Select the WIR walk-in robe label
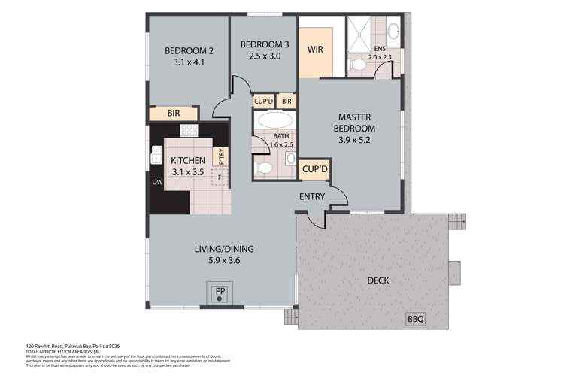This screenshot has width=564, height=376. pos(315,50)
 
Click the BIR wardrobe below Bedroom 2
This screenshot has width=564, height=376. pos(173,114)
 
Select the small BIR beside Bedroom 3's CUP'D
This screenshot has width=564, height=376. pos(287,102)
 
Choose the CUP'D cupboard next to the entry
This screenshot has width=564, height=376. pos(314,170)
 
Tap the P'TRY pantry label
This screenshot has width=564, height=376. pos(222,156)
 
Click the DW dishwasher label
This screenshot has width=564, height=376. pos(157,182)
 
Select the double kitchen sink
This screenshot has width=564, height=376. pos(156,155)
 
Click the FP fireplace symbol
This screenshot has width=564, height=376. pos(220,292)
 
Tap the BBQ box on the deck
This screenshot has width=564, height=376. pos(415,319)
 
